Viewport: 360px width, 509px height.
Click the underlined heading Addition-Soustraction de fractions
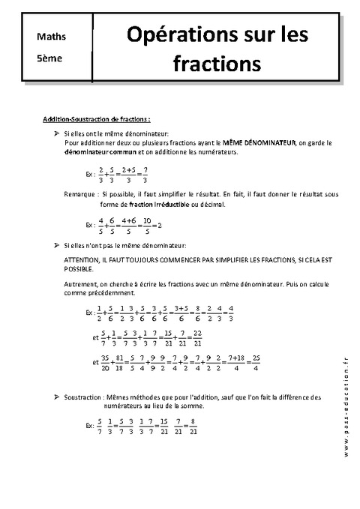pyautogui.click(x=97, y=118)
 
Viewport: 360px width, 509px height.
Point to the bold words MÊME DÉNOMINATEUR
pyautogui.click(x=259, y=141)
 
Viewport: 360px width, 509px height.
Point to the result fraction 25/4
pyautogui.click(x=256, y=361)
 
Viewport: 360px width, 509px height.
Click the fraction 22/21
pyautogui.click(x=199, y=337)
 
